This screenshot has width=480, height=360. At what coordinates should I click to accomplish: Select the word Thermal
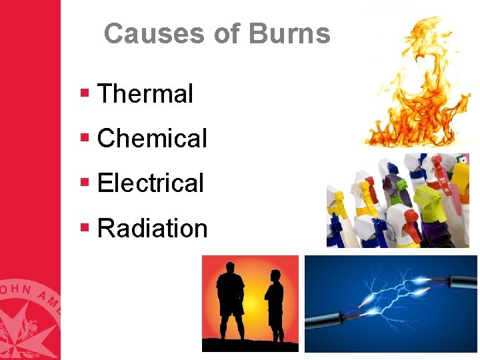(145, 94)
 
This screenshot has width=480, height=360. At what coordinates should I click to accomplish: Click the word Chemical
(152, 139)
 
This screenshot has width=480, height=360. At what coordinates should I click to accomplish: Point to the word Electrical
(150, 183)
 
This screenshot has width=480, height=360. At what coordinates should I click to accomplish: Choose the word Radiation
(152, 229)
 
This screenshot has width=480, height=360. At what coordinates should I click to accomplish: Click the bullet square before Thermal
(85, 93)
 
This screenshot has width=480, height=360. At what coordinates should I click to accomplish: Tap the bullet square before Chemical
(85, 137)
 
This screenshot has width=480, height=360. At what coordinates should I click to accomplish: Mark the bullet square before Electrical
(85, 182)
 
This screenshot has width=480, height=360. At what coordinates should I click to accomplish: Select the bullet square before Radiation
(85, 227)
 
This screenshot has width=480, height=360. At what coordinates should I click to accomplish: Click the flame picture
(417, 83)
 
